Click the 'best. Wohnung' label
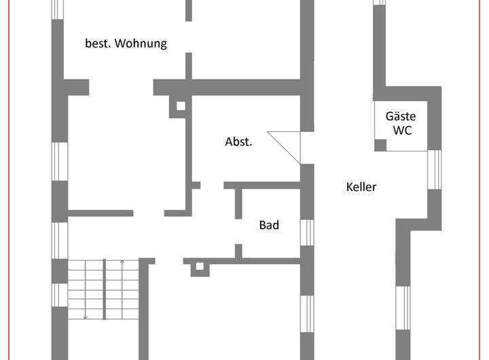[126, 43]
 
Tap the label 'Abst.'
[239, 143]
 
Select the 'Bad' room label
[269, 226]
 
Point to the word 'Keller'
[361, 187]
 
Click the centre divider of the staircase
[103, 289]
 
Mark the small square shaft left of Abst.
[181, 106]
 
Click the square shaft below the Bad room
[199, 268]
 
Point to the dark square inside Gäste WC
[380, 145]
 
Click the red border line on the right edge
[486, 180]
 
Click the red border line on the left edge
[3, 180]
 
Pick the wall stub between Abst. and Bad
[238, 202]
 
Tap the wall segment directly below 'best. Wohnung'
[189, 67]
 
